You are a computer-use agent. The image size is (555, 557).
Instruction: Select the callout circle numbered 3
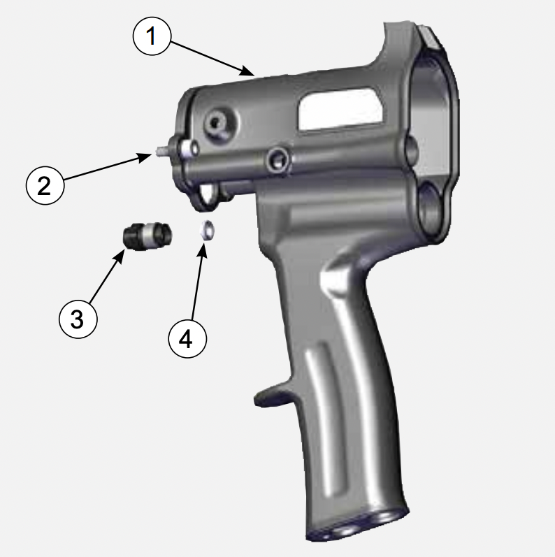point(77,319)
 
